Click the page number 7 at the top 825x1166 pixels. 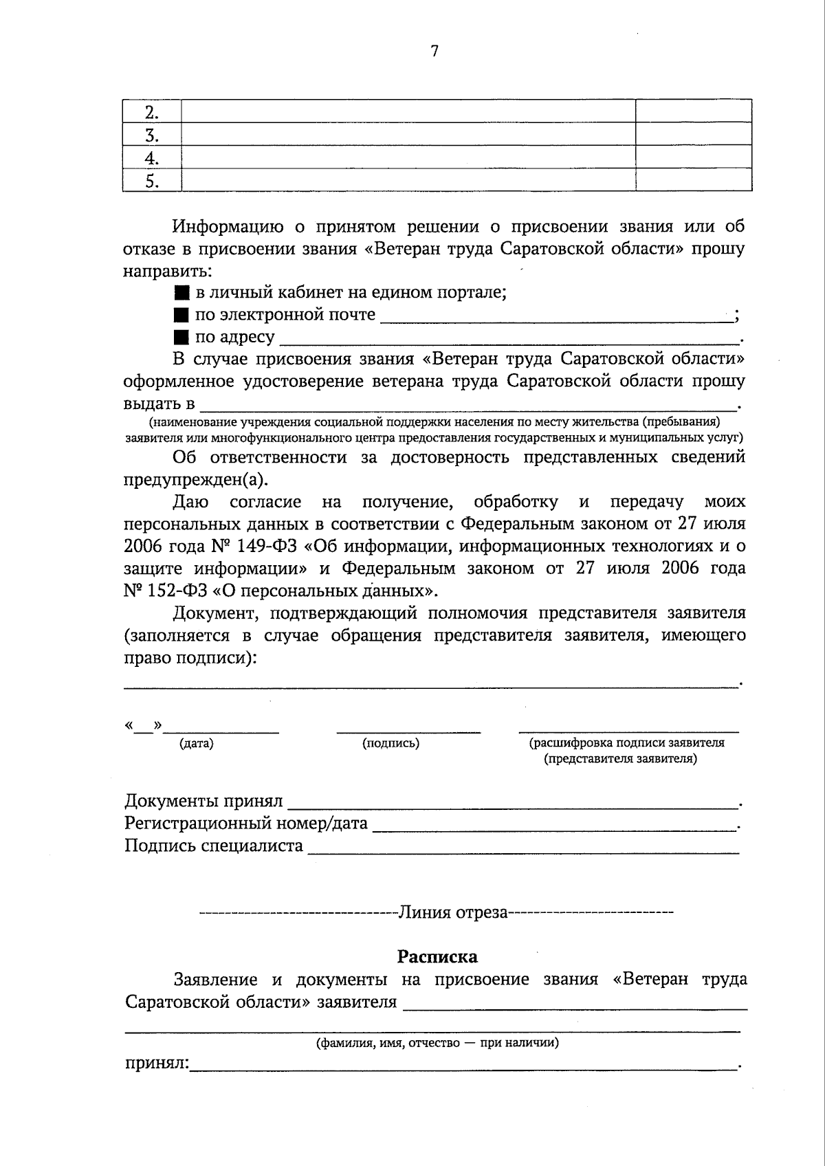(x=434, y=51)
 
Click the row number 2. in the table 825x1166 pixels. (x=151, y=112)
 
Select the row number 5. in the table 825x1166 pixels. (x=151, y=181)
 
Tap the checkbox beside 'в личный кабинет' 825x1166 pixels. (x=181, y=293)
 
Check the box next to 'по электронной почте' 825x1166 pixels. (x=181, y=316)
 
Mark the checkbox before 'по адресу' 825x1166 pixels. (x=181, y=338)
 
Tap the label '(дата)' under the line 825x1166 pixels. (x=197, y=743)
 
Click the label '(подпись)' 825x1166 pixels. (x=390, y=743)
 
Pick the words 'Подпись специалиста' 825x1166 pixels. (x=214, y=846)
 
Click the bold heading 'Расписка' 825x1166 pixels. (x=437, y=956)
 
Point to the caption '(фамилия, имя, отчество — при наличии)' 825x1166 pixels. (x=437, y=1043)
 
